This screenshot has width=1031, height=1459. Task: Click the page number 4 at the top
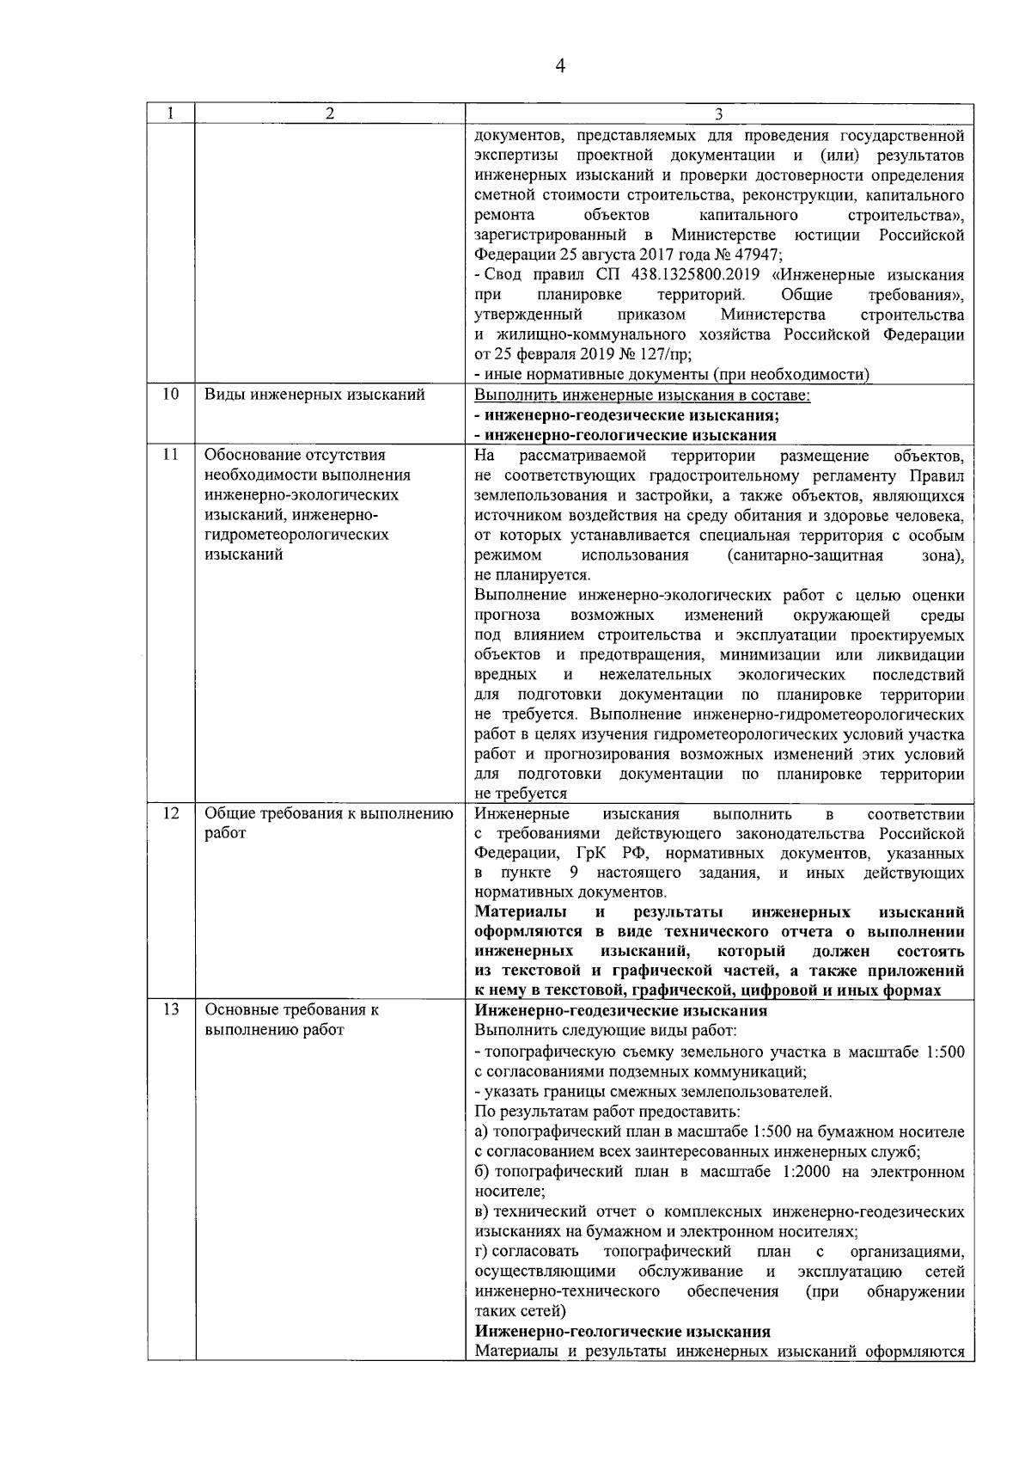click(x=560, y=66)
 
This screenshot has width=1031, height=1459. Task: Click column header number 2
click(x=330, y=113)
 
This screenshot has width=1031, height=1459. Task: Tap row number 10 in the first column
click(x=171, y=395)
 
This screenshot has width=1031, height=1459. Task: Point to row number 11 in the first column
click(x=171, y=455)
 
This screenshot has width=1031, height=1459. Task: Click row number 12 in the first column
click(x=171, y=812)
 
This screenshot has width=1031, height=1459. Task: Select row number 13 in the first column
click(x=171, y=1010)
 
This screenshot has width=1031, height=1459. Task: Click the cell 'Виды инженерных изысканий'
click(x=314, y=395)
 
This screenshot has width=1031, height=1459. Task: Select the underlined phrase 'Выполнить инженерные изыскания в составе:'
click(x=643, y=395)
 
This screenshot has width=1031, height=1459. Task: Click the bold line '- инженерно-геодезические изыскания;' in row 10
click(x=627, y=415)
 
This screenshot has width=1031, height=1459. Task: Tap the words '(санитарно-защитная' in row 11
click(x=805, y=555)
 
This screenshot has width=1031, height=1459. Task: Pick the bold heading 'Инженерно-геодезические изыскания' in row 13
click(x=621, y=1011)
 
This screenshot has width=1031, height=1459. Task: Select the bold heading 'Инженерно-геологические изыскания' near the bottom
click(x=623, y=1332)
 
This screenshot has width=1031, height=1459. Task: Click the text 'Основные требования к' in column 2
click(x=291, y=1010)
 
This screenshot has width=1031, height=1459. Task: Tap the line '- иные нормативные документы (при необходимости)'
click(x=672, y=375)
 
